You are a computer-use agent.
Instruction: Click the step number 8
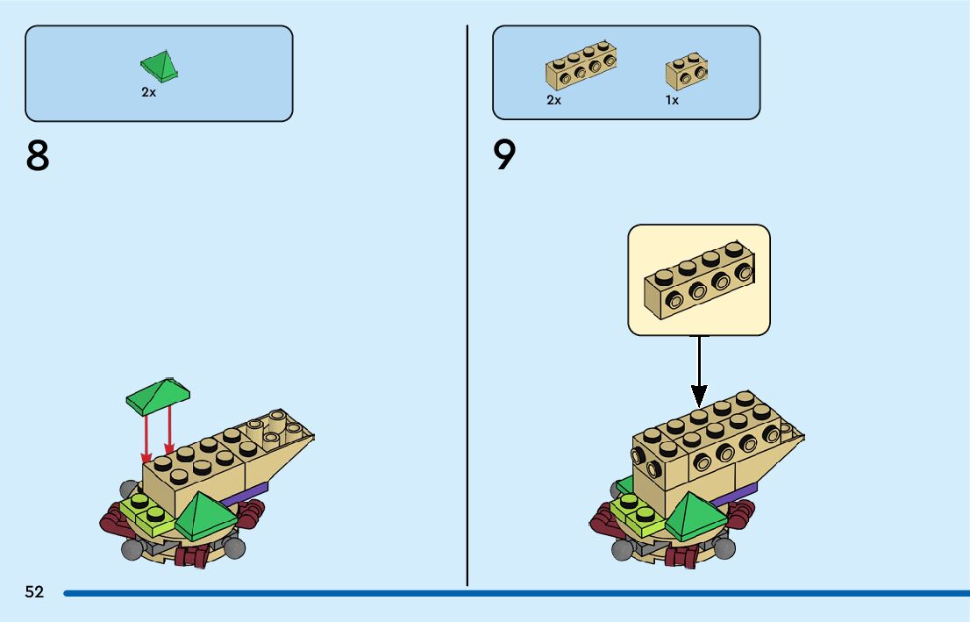click(x=38, y=156)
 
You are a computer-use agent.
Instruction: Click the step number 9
click(x=505, y=156)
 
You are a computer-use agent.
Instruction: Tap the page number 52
click(x=34, y=592)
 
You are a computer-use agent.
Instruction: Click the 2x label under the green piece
click(x=148, y=92)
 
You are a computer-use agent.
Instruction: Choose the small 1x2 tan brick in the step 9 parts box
click(x=687, y=71)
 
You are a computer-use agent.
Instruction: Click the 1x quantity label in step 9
click(x=672, y=100)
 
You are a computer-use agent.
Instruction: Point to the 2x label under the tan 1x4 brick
click(x=553, y=100)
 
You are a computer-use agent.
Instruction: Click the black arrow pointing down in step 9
click(x=699, y=369)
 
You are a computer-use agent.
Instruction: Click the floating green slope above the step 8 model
click(x=159, y=396)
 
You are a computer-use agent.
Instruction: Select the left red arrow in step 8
click(x=146, y=436)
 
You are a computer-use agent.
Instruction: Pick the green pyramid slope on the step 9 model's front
click(x=697, y=517)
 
